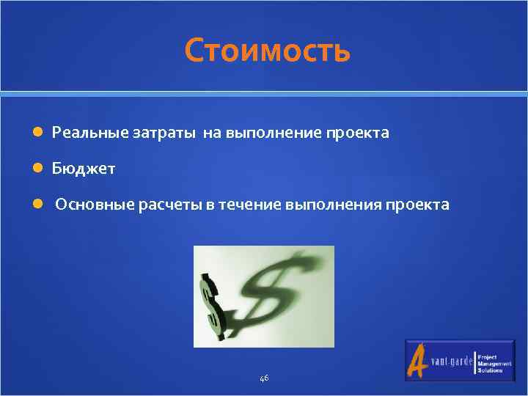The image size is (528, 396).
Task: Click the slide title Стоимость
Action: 268,51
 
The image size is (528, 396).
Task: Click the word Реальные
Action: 89,133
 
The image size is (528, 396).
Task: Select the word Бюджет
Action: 83,169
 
